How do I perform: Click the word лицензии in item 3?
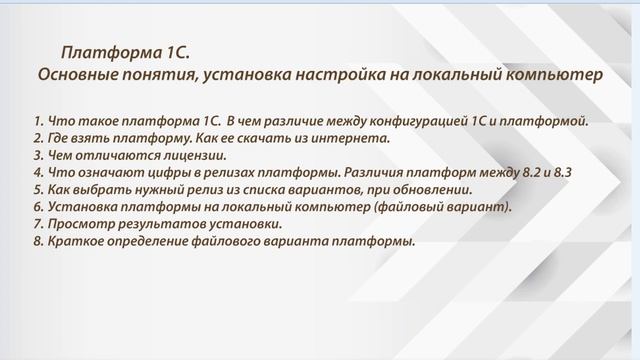[196, 156]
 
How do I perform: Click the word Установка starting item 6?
[78, 207]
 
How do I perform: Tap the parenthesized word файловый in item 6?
[407, 207]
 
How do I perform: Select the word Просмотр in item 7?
[77, 224]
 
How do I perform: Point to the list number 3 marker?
[37, 156]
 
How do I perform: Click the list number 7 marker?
[37, 224]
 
